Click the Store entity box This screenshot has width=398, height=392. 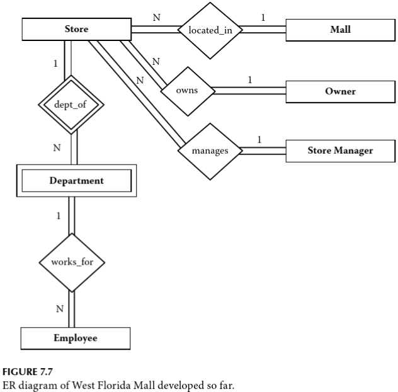[x=76, y=29]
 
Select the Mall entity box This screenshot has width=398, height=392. [x=340, y=29]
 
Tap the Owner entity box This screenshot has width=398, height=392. [x=340, y=91]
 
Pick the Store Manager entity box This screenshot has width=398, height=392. [x=340, y=150]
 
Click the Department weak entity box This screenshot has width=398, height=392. [x=76, y=180]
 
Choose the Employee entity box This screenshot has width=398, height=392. [x=75, y=338]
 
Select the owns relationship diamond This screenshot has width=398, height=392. [x=186, y=90]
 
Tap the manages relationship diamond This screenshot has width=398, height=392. [x=210, y=151]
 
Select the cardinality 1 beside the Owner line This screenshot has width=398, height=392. [x=249, y=80]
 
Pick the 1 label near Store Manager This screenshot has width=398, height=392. [x=260, y=139]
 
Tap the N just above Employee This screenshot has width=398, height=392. [x=59, y=309]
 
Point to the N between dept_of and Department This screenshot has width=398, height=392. [x=57, y=148]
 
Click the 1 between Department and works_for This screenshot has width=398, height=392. [x=59, y=216]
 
